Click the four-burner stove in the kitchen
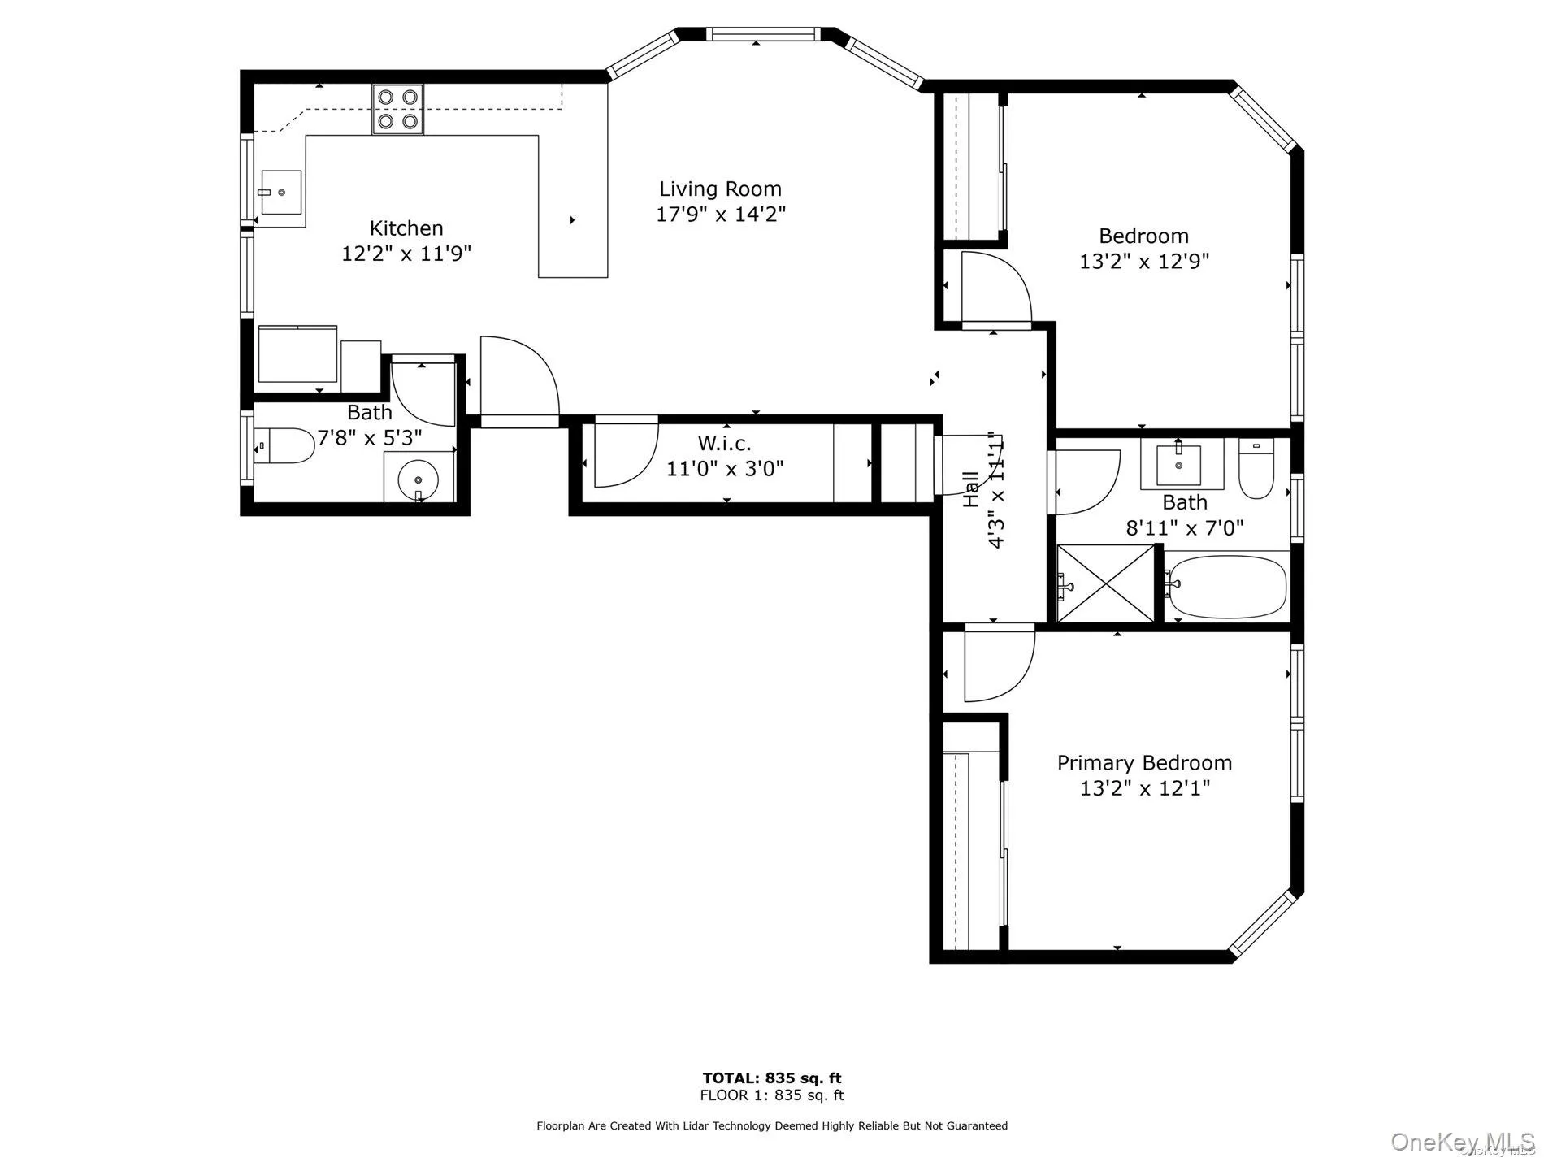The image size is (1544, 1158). (x=398, y=109)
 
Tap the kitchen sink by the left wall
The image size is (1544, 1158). (x=281, y=193)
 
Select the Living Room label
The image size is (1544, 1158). (x=720, y=189)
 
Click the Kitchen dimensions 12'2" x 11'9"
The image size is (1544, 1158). (x=406, y=254)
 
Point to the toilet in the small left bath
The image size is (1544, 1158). (x=284, y=446)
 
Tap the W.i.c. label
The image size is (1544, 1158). (x=724, y=443)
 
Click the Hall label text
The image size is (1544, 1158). (x=971, y=489)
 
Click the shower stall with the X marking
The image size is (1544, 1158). (x=1105, y=583)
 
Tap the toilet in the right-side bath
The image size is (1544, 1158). (x=1256, y=470)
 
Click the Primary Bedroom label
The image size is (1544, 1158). (x=1144, y=763)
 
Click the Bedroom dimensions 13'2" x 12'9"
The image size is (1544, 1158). (x=1144, y=262)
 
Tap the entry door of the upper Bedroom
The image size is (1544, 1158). (x=995, y=288)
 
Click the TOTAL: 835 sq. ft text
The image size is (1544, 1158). (x=772, y=1078)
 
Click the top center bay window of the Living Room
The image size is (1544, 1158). (x=761, y=33)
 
